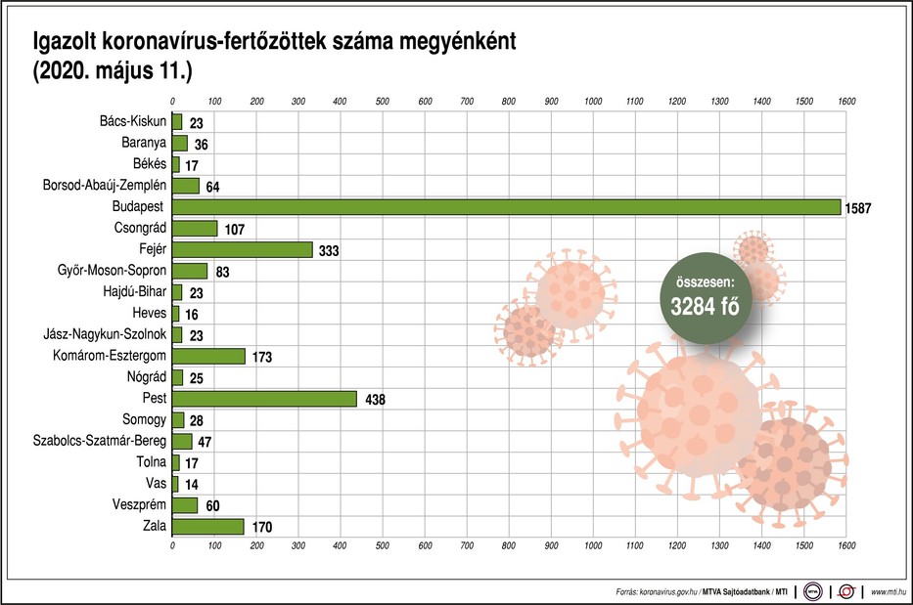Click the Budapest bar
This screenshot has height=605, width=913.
(x=506, y=206)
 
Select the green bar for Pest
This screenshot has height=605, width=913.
(x=264, y=399)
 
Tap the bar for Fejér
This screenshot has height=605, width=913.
(x=242, y=249)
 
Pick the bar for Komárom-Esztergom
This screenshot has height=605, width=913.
(x=208, y=356)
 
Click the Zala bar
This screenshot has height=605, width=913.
(x=207, y=527)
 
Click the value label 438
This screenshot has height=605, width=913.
(x=377, y=400)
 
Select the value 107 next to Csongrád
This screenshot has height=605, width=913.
(x=236, y=229)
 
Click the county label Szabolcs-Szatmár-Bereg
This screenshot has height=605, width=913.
(x=101, y=441)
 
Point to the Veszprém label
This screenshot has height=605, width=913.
(x=137, y=505)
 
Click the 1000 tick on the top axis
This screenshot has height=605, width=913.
(x=593, y=102)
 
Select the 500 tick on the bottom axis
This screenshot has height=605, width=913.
(x=383, y=545)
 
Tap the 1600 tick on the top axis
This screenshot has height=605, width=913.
(x=846, y=102)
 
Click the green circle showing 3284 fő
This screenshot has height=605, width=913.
(x=704, y=298)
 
